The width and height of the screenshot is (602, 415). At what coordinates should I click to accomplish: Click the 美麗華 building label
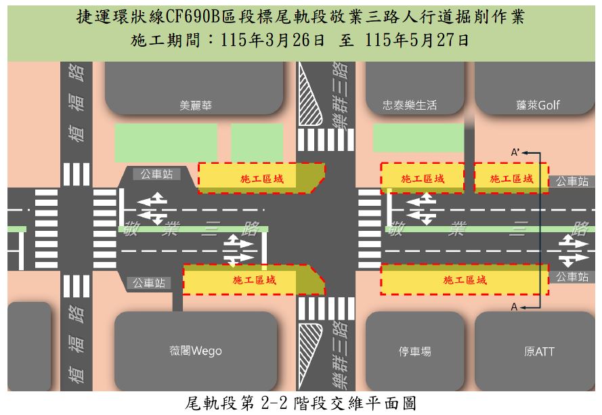pos(196,105)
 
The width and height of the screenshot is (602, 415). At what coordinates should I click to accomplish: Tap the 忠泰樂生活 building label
pos(410,105)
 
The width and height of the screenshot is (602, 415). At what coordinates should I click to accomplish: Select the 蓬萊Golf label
pos(538,105)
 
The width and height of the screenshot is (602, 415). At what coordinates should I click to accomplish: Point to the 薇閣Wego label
pos(196,351)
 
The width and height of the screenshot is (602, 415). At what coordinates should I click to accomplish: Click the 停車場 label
pos(414,351)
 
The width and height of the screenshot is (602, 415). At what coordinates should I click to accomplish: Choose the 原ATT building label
pos(539,351)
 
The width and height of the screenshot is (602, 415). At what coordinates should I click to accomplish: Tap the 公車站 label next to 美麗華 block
pos(156,174)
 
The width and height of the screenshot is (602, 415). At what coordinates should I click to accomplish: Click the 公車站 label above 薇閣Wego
pos(149,283)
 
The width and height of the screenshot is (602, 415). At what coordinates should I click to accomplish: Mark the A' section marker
pos(515,152)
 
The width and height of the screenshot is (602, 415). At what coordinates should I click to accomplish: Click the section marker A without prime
pos(514,307)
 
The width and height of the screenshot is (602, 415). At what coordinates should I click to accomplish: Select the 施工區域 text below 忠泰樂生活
pos(423,179)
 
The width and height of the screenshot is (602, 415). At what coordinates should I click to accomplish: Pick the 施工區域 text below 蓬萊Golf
pos(511,179)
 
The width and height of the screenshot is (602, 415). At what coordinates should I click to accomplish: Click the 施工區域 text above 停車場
pos(465,280)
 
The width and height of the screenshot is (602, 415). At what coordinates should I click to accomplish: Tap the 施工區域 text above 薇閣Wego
pos(254,280)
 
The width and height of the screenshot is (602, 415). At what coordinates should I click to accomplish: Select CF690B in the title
pos(192,16)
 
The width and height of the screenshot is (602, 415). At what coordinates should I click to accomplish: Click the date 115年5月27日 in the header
pos(416,40)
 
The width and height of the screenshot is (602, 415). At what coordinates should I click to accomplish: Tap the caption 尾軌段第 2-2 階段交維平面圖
pos(301,403)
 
